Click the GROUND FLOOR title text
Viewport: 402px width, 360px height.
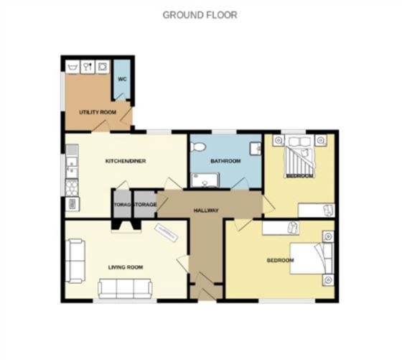pyautogui.click(x=200, y=14)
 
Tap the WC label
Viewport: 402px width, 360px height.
pyautogui.click(x=122, y=80)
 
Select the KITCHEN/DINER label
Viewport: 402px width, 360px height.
pyautogui.click(x=126, y=161)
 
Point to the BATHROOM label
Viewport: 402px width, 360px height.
pyautogui.click(x=225, y=161)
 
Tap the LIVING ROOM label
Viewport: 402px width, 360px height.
pyautogui.click(x=125, y=267)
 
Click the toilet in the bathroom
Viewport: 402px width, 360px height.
pyautogui.click(x=200, y=147)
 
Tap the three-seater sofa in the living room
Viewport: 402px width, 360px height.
pyautogui.click(x=125, y=289)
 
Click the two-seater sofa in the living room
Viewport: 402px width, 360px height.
pyautogui.click(x=75, y=252)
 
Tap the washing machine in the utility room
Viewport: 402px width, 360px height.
pyautogui.click(x=103, y=66)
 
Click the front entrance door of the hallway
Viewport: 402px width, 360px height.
pyautogui.click(x=205, y=294)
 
